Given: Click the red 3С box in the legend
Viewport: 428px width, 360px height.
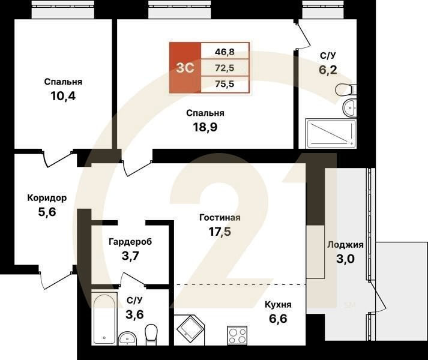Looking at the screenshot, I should pyautogui.click(x=185, y=68).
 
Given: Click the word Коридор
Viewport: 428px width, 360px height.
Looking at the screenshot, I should pyautogui.click(x=46, y=198).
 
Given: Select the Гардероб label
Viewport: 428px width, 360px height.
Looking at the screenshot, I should pyautogui.click(x=130, y=242).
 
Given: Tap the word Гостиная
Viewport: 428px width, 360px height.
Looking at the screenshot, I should pyautogui.click(x=220, y=218).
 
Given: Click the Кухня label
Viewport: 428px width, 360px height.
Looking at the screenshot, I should pyautogui.click(x=279, y=304).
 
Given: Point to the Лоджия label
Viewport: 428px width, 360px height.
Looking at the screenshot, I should pyautogui.click(x=345, y=245).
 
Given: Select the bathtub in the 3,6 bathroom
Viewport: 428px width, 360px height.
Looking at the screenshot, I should pyautogui.click(x=104, y=318).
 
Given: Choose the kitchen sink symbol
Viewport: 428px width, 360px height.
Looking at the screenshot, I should pyautogui.click(x=191, y=329).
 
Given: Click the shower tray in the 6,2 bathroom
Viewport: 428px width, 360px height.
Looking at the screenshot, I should pyautogui.click(x=331, y=133).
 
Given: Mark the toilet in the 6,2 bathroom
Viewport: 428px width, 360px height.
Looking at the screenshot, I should pyautogui.click(x=345, y=91).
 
